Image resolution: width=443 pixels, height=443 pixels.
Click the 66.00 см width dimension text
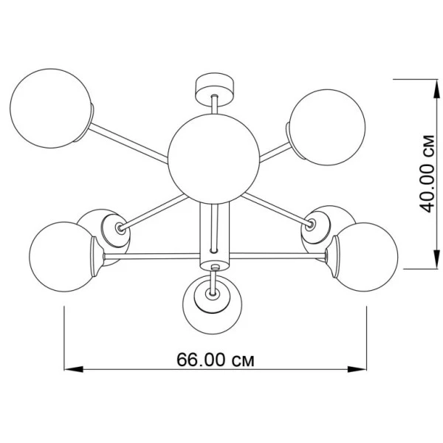[x=216, y=360]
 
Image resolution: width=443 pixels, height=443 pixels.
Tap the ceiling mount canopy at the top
[x=215, y=89]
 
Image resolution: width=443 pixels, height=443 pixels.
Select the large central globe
[x=213, y=159]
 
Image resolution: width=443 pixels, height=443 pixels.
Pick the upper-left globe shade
[x=50, y=109]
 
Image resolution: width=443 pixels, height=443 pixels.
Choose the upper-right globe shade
[x=327, y=128]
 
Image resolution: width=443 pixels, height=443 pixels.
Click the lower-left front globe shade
[x=63, y=256]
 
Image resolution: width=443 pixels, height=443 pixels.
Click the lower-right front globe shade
[x=365, y=257]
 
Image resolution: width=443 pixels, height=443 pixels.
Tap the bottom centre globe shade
[x=213, y=305]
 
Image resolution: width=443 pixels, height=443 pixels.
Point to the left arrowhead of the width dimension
[x=73, y=369]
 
